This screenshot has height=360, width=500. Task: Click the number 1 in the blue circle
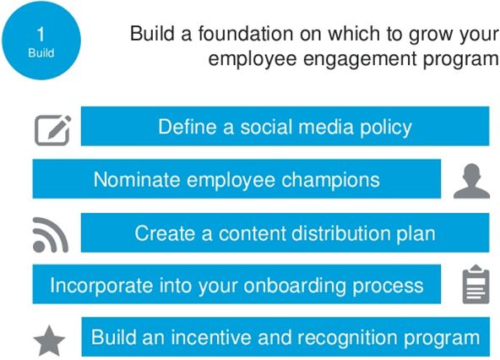[x=41, y=34]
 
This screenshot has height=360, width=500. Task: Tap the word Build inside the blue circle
[x=41, y=52]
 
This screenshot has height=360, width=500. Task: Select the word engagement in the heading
[x=360, y=59]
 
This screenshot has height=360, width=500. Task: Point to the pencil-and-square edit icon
[x=52, y=130]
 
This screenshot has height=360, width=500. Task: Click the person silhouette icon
[x=471, y=181]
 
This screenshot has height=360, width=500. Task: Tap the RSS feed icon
[x=51, y=235]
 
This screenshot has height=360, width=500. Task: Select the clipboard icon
[x=476, y=284]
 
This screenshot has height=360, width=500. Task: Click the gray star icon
[x=50, y=341]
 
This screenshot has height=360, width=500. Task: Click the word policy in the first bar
[x=386, y=128]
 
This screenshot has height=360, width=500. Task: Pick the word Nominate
[x=138, y=179]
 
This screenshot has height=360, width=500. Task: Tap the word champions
[x=330, y=181]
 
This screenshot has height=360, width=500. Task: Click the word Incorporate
[x=101, y=286]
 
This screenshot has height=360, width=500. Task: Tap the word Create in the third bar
[x=165, y=233]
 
